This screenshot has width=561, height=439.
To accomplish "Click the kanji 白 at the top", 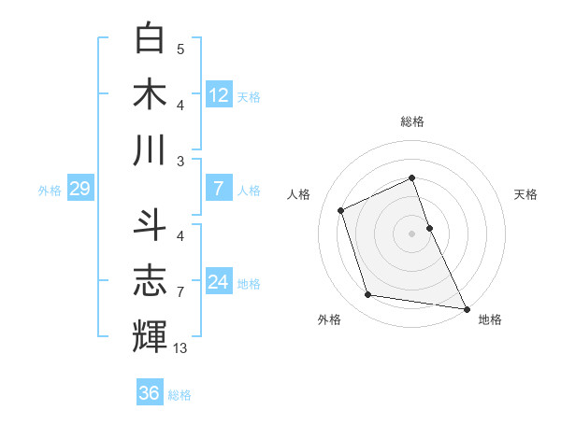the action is point(151,38).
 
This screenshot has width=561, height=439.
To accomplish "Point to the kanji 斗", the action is point(151,224).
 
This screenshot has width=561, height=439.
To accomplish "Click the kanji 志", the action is point(151,280).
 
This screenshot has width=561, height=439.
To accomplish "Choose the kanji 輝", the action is point(151,336).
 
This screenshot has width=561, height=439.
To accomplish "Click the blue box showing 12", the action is point(219,94).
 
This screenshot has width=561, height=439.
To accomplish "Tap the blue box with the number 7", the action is point(219,190).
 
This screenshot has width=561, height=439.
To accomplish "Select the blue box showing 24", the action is point(219,283).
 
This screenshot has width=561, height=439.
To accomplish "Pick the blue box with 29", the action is point(79,190).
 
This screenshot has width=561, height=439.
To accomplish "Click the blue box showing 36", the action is point(150,393).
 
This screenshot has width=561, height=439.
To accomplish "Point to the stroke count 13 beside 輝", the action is point(180,348).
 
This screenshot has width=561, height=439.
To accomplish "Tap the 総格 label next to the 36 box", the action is point(180,395).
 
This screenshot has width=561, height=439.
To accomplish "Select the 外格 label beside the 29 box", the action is point(50,191).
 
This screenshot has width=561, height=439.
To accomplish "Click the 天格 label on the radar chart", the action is point(526,194).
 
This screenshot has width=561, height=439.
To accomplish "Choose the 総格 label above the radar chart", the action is point(412,121).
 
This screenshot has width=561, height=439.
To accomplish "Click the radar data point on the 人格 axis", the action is point(341,210).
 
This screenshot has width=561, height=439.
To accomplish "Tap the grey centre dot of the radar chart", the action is point(411,233).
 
